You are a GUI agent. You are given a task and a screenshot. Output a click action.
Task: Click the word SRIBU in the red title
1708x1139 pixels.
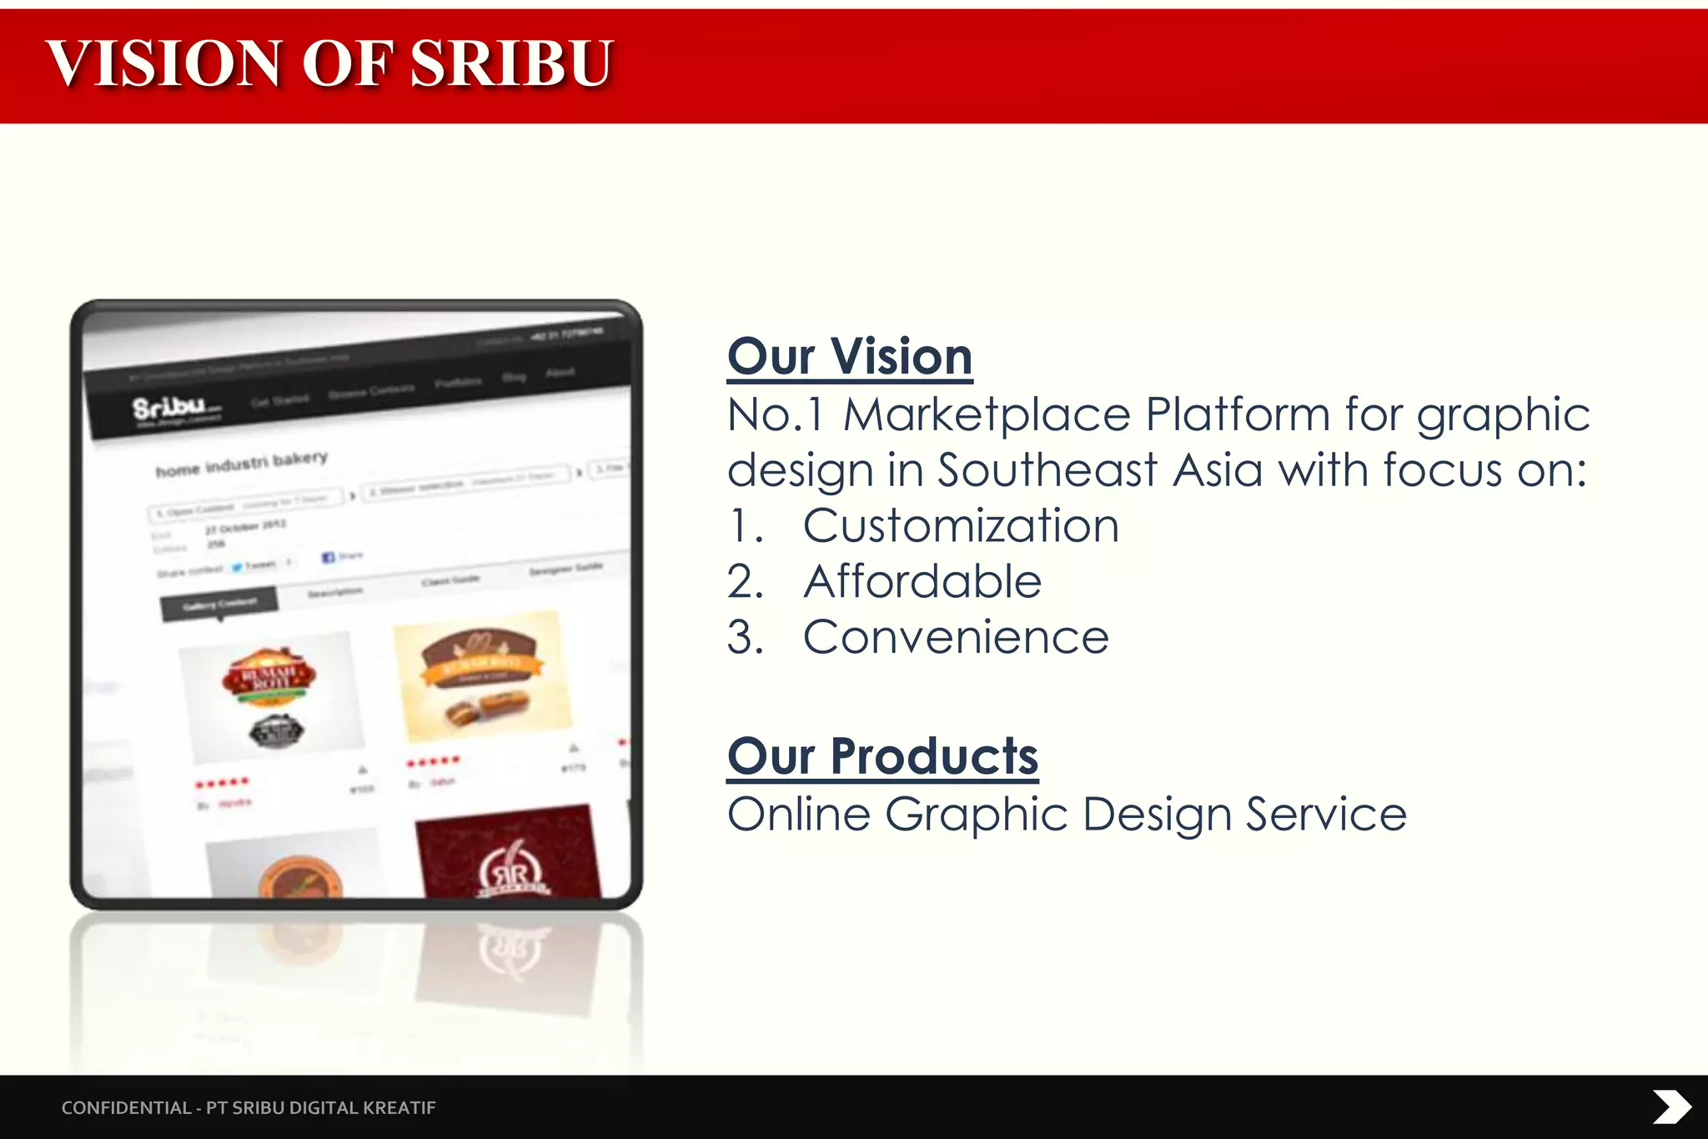(x=512, y=63)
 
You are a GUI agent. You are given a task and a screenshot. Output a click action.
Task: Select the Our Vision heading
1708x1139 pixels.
(x=850, y=357)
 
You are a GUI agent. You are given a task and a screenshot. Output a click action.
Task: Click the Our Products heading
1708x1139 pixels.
(x=882, y=756)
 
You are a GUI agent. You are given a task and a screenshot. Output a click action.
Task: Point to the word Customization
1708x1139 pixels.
(x=961, y=526)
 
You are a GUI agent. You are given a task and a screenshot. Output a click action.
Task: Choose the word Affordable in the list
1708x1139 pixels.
(x=922, y=581)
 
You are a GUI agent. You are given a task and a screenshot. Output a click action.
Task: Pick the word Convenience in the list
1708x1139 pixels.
(x=956, y=637)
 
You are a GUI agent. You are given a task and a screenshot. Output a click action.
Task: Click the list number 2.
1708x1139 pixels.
(x=744, y=581)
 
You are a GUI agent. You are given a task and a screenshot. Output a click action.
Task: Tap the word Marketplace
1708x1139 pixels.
(x=987, y=414)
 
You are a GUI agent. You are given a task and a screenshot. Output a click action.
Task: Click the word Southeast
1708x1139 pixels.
(x=1047, y=470)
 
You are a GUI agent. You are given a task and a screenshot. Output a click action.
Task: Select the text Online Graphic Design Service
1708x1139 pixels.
(x=1067, y=814)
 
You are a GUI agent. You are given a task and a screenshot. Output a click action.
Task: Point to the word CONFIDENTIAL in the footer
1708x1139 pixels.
(x=126, y=1107)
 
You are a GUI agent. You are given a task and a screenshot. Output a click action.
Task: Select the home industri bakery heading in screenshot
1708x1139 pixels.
(x=242, y=464)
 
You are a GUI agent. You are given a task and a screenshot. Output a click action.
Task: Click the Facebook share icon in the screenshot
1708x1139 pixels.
(x=329, y=556)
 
